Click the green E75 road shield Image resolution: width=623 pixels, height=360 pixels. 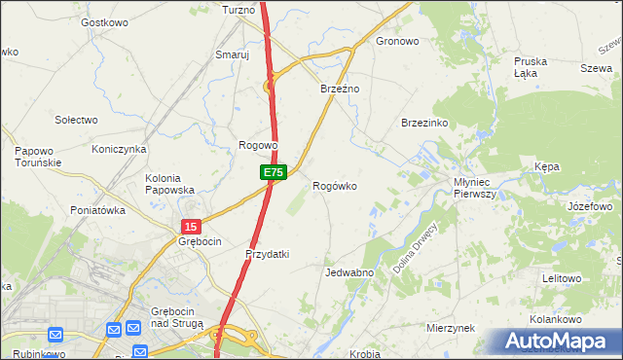(273, 172)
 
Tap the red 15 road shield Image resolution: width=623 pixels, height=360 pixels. (190, 226)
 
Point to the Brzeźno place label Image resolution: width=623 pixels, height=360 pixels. (341, 89)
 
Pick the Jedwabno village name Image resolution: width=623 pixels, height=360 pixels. (350, 273)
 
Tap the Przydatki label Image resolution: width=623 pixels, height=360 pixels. (267, 254)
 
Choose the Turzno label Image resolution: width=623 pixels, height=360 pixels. (238, 10)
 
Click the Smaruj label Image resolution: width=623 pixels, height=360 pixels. (233, 55)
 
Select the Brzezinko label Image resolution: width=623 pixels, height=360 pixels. (424, 124)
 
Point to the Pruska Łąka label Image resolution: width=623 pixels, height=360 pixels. (531, 67)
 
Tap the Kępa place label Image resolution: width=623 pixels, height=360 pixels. (547, 167)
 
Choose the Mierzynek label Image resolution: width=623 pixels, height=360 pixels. (450, 328)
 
